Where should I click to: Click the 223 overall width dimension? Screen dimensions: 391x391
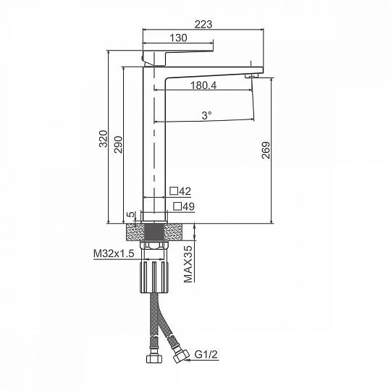[x=203, y=25]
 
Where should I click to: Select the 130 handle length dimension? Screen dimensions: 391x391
[x=178, y=38]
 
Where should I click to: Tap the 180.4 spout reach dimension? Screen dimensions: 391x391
[x=203, y=85]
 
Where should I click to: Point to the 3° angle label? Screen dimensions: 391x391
[x=206, y=115]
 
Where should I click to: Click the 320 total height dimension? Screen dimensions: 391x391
[x=104, y=138]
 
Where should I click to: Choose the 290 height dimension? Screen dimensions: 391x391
[x=118, y=144]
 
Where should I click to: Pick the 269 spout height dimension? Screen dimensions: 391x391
[x=266, y=150]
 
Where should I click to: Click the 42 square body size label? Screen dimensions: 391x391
[x=185, y=191]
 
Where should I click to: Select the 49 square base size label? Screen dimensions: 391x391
[x=188, y=206]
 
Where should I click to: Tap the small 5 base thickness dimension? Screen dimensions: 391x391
[x=130, y=214]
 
